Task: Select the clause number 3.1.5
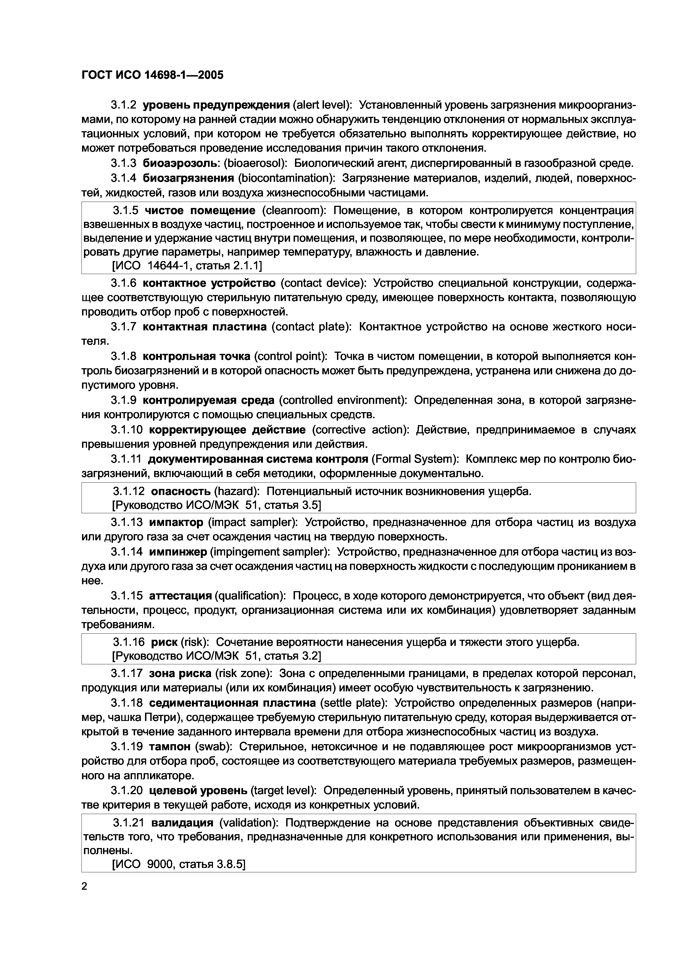coord(125,210)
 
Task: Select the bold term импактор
coord(176,523)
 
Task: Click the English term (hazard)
coord(237,491)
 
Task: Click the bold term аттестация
coord(180,596)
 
